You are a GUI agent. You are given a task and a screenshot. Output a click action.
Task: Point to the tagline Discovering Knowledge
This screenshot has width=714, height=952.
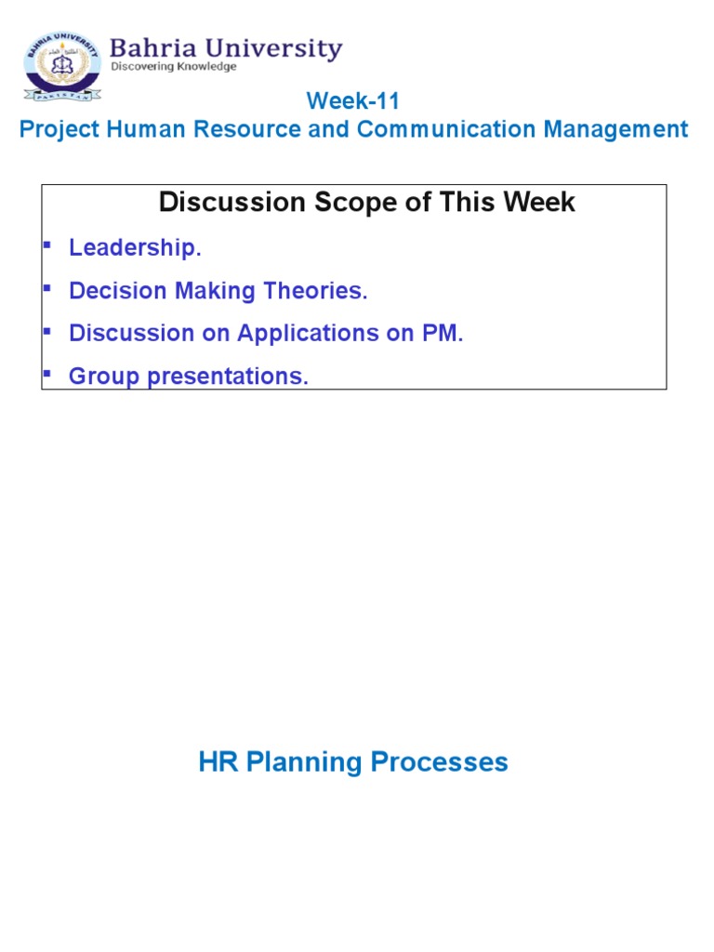(x=174, y=67)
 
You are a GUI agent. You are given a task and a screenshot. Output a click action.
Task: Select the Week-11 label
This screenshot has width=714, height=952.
(x=353, y=101)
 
